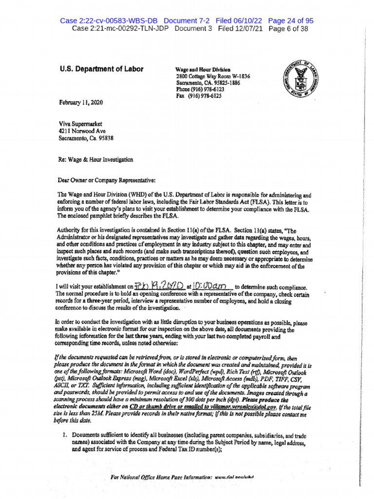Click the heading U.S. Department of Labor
tap(101, 69)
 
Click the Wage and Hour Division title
tap(203, 70)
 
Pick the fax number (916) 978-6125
tap(199, 96)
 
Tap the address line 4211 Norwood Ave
tap(82, 130)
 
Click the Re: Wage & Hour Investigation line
tap(96, 159)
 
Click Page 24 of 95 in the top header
tap(291, 20)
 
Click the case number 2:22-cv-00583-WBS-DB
tap(110, 20)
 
